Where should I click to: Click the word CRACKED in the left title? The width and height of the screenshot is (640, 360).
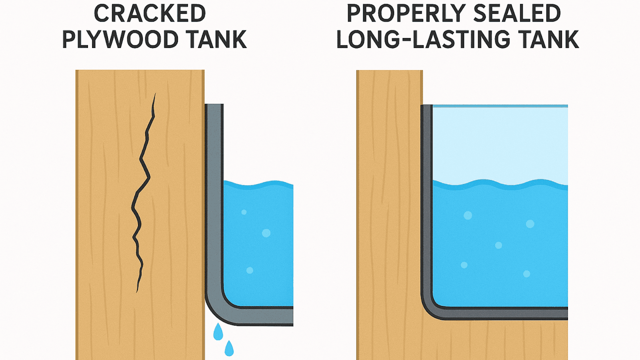pos(150,14)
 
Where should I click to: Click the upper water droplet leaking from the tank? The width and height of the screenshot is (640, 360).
pos(218,332)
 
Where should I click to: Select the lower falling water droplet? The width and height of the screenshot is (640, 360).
pos(229,348)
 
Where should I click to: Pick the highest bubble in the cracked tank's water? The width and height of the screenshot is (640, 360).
pos(244,212)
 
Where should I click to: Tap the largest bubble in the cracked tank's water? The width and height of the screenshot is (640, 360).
pos(266,233)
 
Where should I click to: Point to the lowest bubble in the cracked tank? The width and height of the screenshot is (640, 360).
pos(250,270)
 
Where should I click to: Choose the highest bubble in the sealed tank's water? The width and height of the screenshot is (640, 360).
pos(468,215)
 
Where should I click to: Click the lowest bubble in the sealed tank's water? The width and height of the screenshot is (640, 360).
pos(526,274)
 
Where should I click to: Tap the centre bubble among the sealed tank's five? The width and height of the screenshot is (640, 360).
pos(498,245)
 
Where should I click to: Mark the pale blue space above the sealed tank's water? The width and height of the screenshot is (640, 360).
pos(500,144)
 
